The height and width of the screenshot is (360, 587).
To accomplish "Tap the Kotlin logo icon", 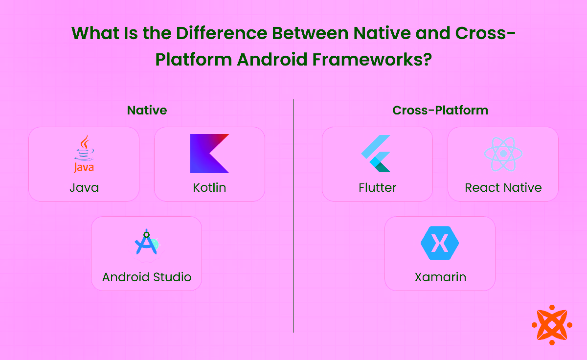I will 209,154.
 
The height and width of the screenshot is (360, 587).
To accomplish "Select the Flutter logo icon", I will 376,154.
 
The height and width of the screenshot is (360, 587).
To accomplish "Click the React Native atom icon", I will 503,154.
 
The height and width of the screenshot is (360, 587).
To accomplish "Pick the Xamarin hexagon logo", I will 440,243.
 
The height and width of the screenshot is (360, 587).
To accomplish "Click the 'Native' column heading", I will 147,110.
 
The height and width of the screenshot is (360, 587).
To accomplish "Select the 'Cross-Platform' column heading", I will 440,110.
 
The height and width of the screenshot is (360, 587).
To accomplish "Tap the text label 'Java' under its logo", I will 84,188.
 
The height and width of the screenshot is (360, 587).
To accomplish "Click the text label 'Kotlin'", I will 209,188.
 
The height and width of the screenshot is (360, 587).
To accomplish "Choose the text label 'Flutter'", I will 377,188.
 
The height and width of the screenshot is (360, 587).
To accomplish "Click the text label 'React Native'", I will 503,188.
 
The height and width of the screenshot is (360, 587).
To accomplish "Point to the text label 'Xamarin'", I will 440,277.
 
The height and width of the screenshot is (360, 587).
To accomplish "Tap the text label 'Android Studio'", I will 147,277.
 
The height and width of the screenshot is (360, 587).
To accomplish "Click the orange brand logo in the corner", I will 552,324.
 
